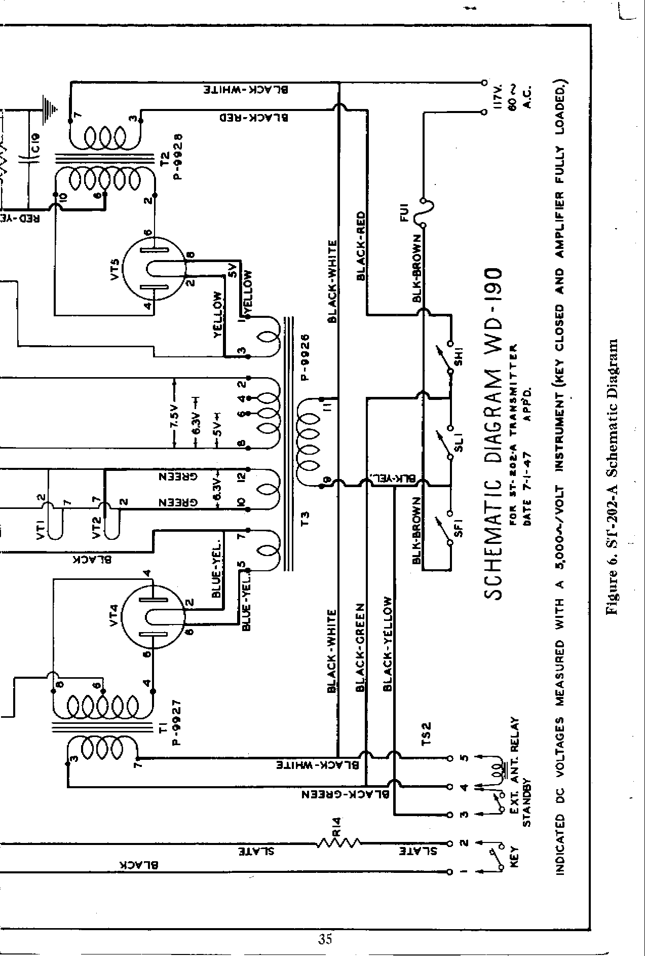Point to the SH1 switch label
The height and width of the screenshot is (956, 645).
[x=460, y=355]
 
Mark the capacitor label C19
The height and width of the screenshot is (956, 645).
[x=40, y=144]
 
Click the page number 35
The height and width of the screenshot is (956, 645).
[x=325, y=939]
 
